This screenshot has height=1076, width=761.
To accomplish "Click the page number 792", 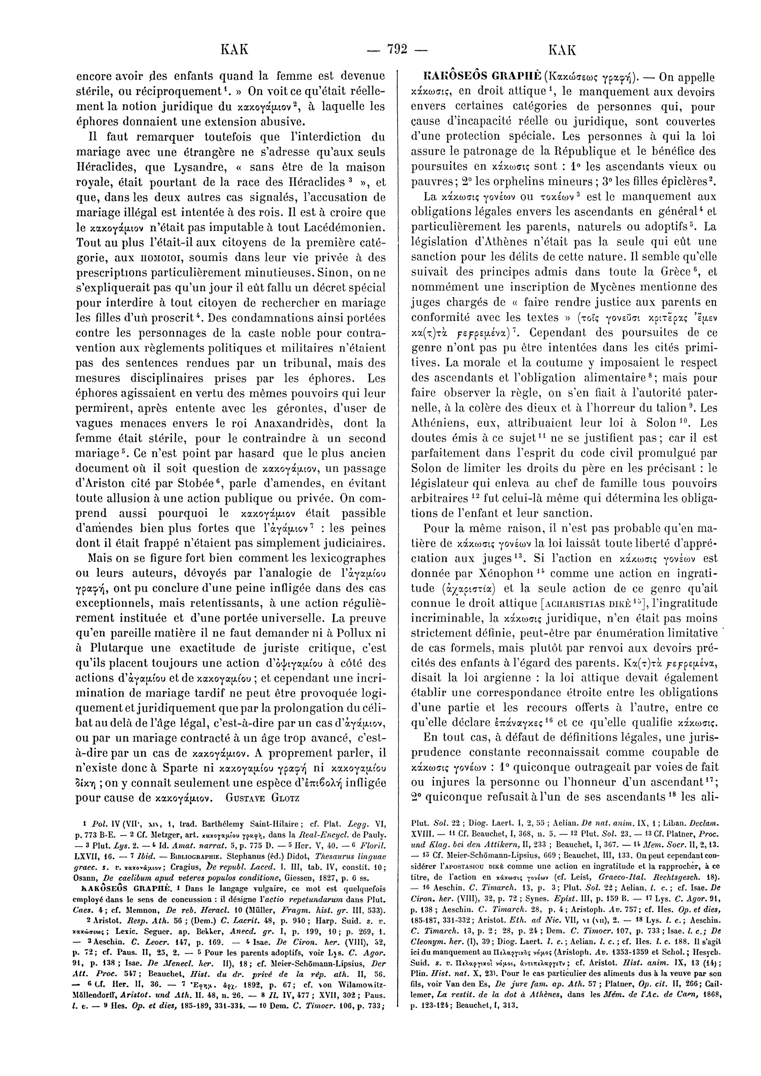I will [x=397, y=49].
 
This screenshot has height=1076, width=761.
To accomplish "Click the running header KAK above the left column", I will [x=233, y=49].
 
